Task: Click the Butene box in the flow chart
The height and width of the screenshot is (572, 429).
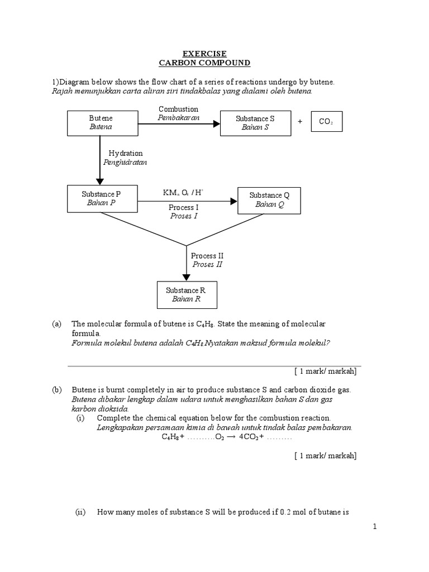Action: pyautogui.click(x=101, y=123)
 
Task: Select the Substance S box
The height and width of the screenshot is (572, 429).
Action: pyautogui.click(x=255, y=123)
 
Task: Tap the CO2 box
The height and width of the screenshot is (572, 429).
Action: pyautogui.click(x=326, y=122)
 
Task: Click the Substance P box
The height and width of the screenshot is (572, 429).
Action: pyautogui.click(x=101, y=198)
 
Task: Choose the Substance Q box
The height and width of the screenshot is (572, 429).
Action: pyautogui.click(x=270, y=200)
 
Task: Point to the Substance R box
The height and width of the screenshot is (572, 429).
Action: pyautogui.click(x=186, y=294)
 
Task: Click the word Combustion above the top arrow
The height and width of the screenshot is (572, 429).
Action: pyautogui.click(x=178, y=109)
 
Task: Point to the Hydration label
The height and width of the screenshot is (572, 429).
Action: pyautogui.click(x=126, y=153)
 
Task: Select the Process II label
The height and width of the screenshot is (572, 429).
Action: pyautogui.click(x=207, y=256)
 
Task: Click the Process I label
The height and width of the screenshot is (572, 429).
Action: pyautogui.click(x=184, y=207)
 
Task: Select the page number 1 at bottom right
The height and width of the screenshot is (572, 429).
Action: pyautogui.click(x=375, y=527)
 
